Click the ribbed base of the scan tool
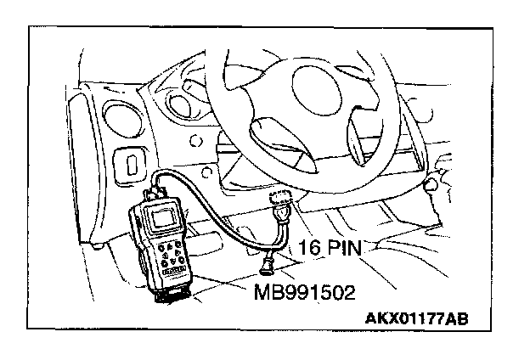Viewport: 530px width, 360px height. coord(175,294)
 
